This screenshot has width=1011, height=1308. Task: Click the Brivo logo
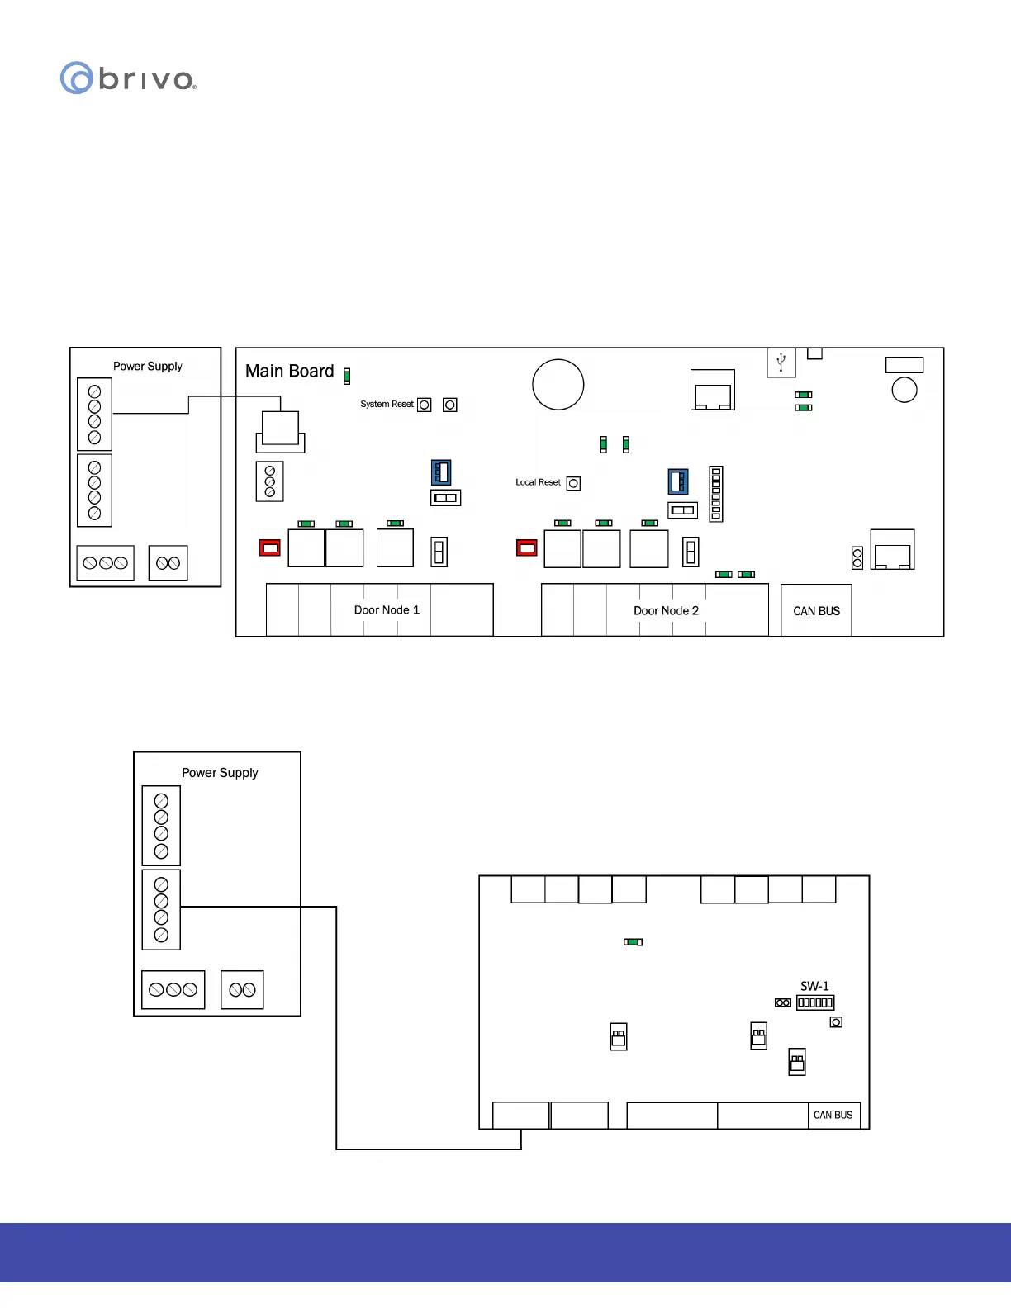coord(128,78)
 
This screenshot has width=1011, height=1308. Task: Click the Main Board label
coord(289,372)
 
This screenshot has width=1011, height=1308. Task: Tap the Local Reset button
coord(573,484)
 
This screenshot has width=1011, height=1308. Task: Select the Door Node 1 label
coord(387,610)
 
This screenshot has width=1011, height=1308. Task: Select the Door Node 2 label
coord(666,611)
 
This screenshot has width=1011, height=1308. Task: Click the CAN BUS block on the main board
coord(816,611)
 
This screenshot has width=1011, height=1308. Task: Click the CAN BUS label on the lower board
coord(833,1115)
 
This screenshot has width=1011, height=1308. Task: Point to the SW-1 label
coord(814,986)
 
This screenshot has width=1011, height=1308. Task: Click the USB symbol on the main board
coord(781,363)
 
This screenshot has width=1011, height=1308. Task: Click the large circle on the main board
coord(558,385)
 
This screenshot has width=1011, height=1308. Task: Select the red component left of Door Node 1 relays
coord(270,547)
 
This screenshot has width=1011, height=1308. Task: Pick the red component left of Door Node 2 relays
coord(526,547)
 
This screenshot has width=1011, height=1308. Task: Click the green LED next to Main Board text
coord(347,377)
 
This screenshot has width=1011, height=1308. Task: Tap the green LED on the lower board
coord(633,941)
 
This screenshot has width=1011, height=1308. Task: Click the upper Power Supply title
coord(147,366)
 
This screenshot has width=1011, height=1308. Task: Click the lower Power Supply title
coord(220,773)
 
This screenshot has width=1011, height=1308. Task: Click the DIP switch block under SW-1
coord(815,1002)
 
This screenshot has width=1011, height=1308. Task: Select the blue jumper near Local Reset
coord(678,481)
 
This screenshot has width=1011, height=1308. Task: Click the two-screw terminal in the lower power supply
coord(242,990)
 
